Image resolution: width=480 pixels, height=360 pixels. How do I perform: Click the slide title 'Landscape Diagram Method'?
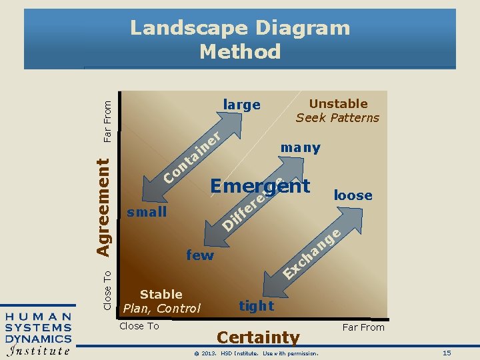point(240,39)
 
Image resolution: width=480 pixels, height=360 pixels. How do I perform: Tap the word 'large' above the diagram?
point(241,105)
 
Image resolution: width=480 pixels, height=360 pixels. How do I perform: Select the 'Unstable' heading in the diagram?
point(338,103)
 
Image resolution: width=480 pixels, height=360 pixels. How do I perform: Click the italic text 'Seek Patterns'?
point(337,118)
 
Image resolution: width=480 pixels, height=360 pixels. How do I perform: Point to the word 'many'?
point(301,147)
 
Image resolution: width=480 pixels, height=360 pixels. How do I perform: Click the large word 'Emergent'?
point(260,186)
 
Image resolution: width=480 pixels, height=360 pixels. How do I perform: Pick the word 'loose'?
point(353,195)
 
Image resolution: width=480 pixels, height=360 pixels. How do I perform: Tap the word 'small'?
point(147,212)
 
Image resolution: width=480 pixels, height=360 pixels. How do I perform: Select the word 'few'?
point(200,255)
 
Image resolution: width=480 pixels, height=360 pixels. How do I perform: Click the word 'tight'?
point(257,305)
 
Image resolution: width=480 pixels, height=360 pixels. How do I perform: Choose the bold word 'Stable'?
point(161,294)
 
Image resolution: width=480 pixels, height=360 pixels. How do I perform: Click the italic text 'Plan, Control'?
point(161,308)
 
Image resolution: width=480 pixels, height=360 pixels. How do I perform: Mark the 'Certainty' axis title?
point(258,338)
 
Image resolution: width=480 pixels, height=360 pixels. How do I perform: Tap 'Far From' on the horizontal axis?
point(363,327)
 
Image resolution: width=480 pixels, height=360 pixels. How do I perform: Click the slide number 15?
point(447,352)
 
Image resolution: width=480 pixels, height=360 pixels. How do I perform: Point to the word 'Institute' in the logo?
point(38,350)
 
